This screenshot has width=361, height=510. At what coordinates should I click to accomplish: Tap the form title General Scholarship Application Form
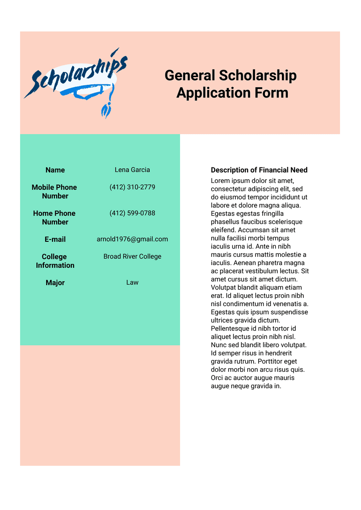pyautogui.click(x=231, y=84)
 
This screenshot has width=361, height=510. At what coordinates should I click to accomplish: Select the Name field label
pyautogui.click(x=55, y=170)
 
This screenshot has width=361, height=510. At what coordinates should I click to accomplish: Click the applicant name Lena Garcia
pyautogui.click(x=132, y=170)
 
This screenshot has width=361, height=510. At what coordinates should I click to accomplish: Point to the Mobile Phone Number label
pyautogui.click(x=54, y=192)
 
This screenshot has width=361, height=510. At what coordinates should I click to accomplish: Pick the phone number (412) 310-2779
pyautogui.click(x=132, y=187)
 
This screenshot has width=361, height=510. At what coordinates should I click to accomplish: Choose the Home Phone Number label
pyautogui.click(x=54, y=218)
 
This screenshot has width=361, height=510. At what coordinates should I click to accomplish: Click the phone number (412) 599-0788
pyautogui.click(x=132, y=213)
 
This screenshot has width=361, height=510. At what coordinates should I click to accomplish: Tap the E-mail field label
pyautogui.click(x=55, y=239)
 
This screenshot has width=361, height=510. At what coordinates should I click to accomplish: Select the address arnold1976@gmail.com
pyautogui.click(x=132, y=239)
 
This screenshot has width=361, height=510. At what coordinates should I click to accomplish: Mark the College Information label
pyautogui.click(x=55, y=261)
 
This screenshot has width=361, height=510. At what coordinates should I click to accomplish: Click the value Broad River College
pyautogui.click(x=132, y=256)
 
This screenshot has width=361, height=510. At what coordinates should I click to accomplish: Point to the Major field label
pyautogui.click(x=55, y=283)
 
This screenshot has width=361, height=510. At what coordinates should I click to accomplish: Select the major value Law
pyautogui.click(x=132, y=282)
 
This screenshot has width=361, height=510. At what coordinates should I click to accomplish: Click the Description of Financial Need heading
pyautogui.click(x=259, y=170)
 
